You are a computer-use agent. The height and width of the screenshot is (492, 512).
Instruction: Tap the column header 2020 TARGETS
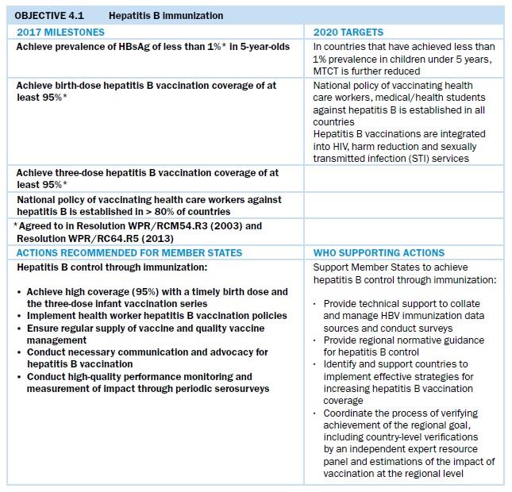tap(348, 33)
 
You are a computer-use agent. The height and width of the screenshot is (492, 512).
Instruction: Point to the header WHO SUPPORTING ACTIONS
tap(379, 252)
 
